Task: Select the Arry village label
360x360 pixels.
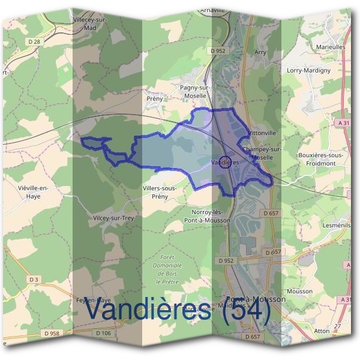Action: [260, 53]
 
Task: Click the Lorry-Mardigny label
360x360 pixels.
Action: [326, 70]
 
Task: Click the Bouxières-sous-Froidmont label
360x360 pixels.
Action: [320, 158]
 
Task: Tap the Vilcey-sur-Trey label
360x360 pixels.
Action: [113, 218]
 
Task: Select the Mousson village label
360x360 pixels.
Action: [299, 291]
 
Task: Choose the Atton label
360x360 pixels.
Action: [322, 331]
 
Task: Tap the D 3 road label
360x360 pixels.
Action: [33, 280]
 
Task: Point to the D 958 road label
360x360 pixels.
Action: [53, 333]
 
